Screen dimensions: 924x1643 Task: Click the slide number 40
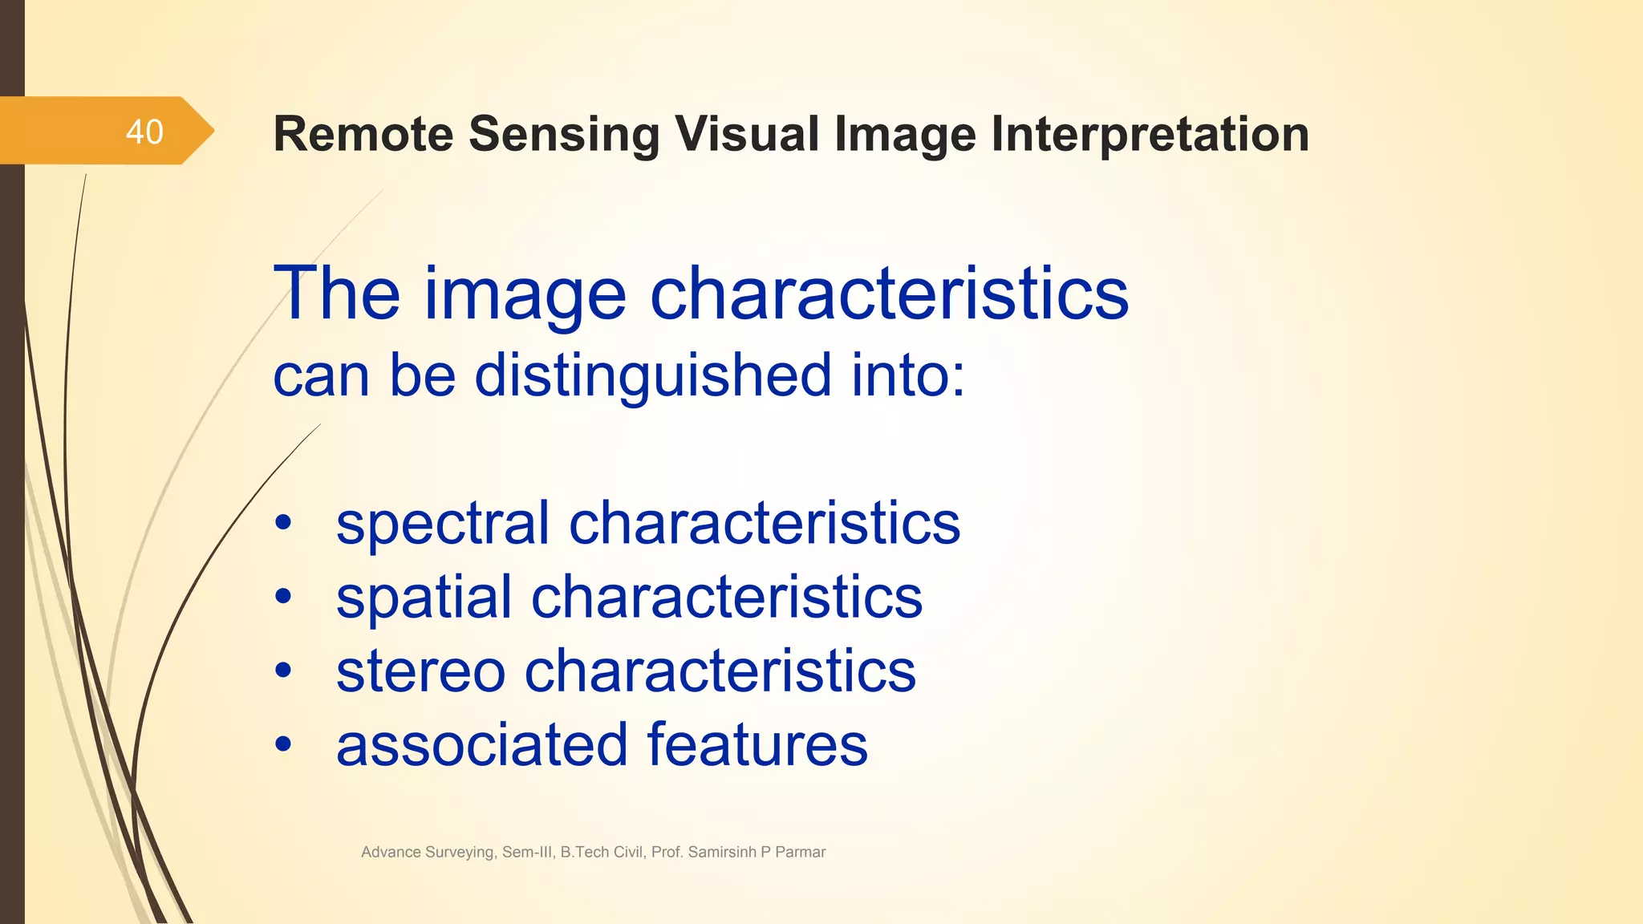pyautogui.click(x=144, y=132)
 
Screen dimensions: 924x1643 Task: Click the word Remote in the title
pyautogui.click(x=363, y=134)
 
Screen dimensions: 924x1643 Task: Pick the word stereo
pyautogui.click(x=420, y=672)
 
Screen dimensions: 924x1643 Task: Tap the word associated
pyautogui.click(x=481, y=745)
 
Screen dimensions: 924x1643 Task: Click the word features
pyautogui.click(x=757, y=745)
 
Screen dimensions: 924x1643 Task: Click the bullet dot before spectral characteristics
pyautogui.click(x=283, y=523)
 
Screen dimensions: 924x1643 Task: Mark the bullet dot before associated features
pyautogui.click(x=283, y=744)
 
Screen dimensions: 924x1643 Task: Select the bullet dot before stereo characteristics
pyautogui.click(x=283, y=671)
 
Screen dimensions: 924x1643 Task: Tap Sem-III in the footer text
pyautogui.click(x=527, y=853)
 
